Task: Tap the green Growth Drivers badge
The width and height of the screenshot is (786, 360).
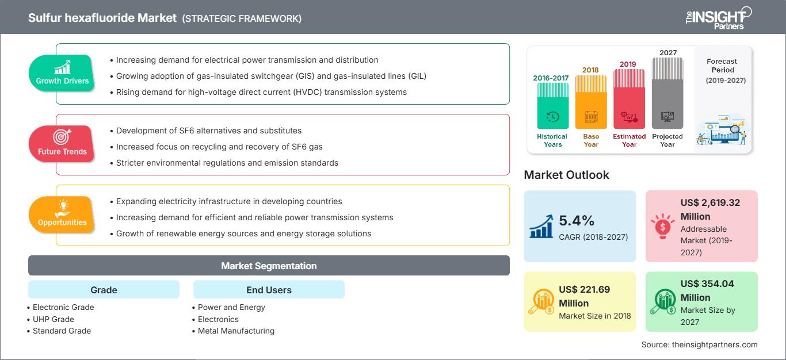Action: point(62,73)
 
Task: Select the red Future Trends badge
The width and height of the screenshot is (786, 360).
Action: point(62,144)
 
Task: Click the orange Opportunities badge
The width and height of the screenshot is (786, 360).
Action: point(62,215)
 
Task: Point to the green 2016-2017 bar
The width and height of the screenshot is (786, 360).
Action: point(552,106)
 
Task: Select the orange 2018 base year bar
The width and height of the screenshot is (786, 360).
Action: point(591,102)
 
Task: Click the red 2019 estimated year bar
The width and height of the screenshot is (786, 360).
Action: point(629,99)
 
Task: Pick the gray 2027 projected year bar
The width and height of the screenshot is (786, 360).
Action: point(667,93)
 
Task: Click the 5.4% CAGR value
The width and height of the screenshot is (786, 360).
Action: point(577,220)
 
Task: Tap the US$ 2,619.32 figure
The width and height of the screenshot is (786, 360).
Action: point(710,202)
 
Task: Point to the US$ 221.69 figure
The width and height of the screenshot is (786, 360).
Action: point(584,289)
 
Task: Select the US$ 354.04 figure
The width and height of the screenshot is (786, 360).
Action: point(707,284)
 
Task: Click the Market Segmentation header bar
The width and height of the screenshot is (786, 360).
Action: point(269,266)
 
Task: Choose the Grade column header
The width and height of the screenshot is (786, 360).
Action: point(104,290)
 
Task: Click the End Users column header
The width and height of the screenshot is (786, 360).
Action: point(269,290)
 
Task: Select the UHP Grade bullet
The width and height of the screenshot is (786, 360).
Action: point(51,319)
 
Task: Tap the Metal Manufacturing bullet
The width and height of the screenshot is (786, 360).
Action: point(234,331)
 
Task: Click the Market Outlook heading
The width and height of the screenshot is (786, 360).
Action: point(566,175)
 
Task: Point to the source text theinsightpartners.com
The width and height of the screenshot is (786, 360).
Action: point(715,344)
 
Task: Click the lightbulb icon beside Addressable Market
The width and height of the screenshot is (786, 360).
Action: point(662,226)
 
